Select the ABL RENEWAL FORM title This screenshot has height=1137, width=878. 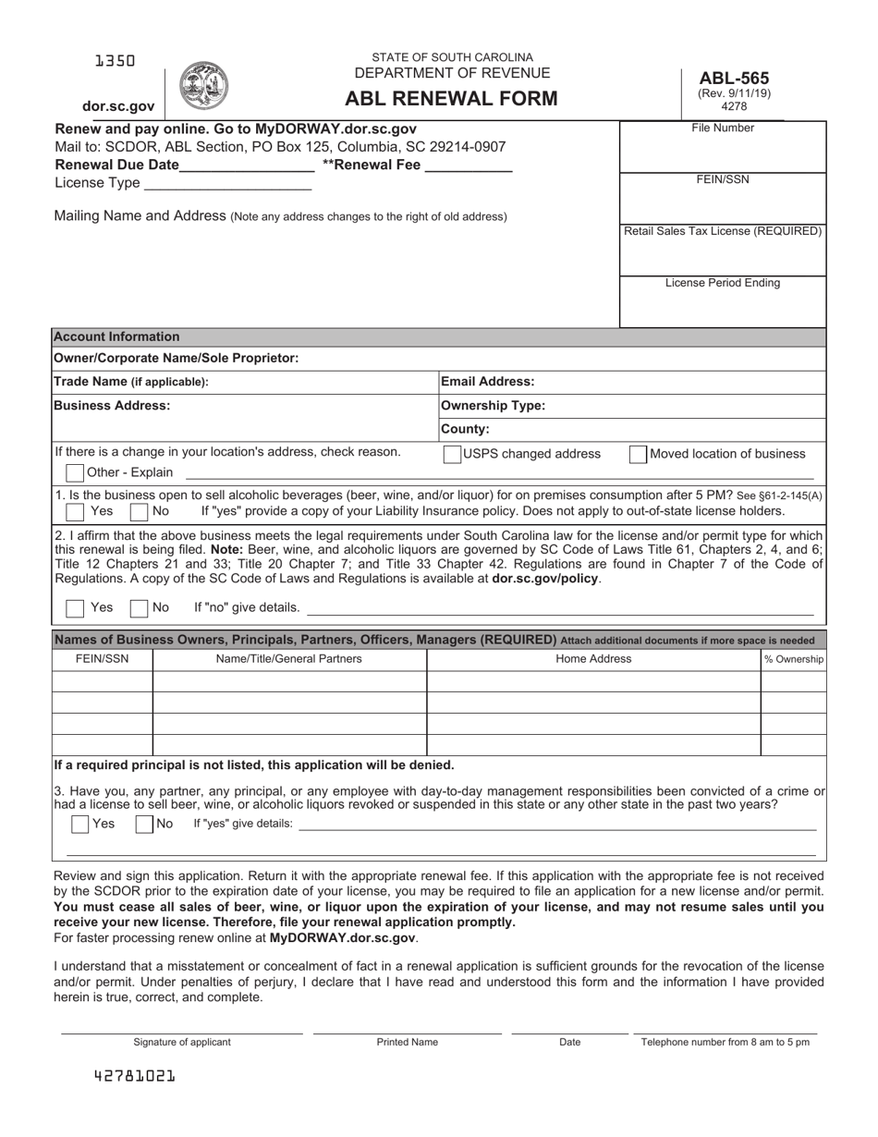451,99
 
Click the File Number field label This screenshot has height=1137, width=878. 723,128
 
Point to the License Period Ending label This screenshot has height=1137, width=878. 723,283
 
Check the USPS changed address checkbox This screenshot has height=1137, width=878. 453,454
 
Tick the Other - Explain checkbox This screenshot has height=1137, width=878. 75,472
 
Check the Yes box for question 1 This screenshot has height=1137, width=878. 75,511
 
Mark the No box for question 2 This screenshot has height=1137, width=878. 139,608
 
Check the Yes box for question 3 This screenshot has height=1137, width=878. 80,824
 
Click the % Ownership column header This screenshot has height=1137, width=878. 793,659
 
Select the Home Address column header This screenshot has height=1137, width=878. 593,659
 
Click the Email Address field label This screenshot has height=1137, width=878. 487,382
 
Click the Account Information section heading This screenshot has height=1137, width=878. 116,336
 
